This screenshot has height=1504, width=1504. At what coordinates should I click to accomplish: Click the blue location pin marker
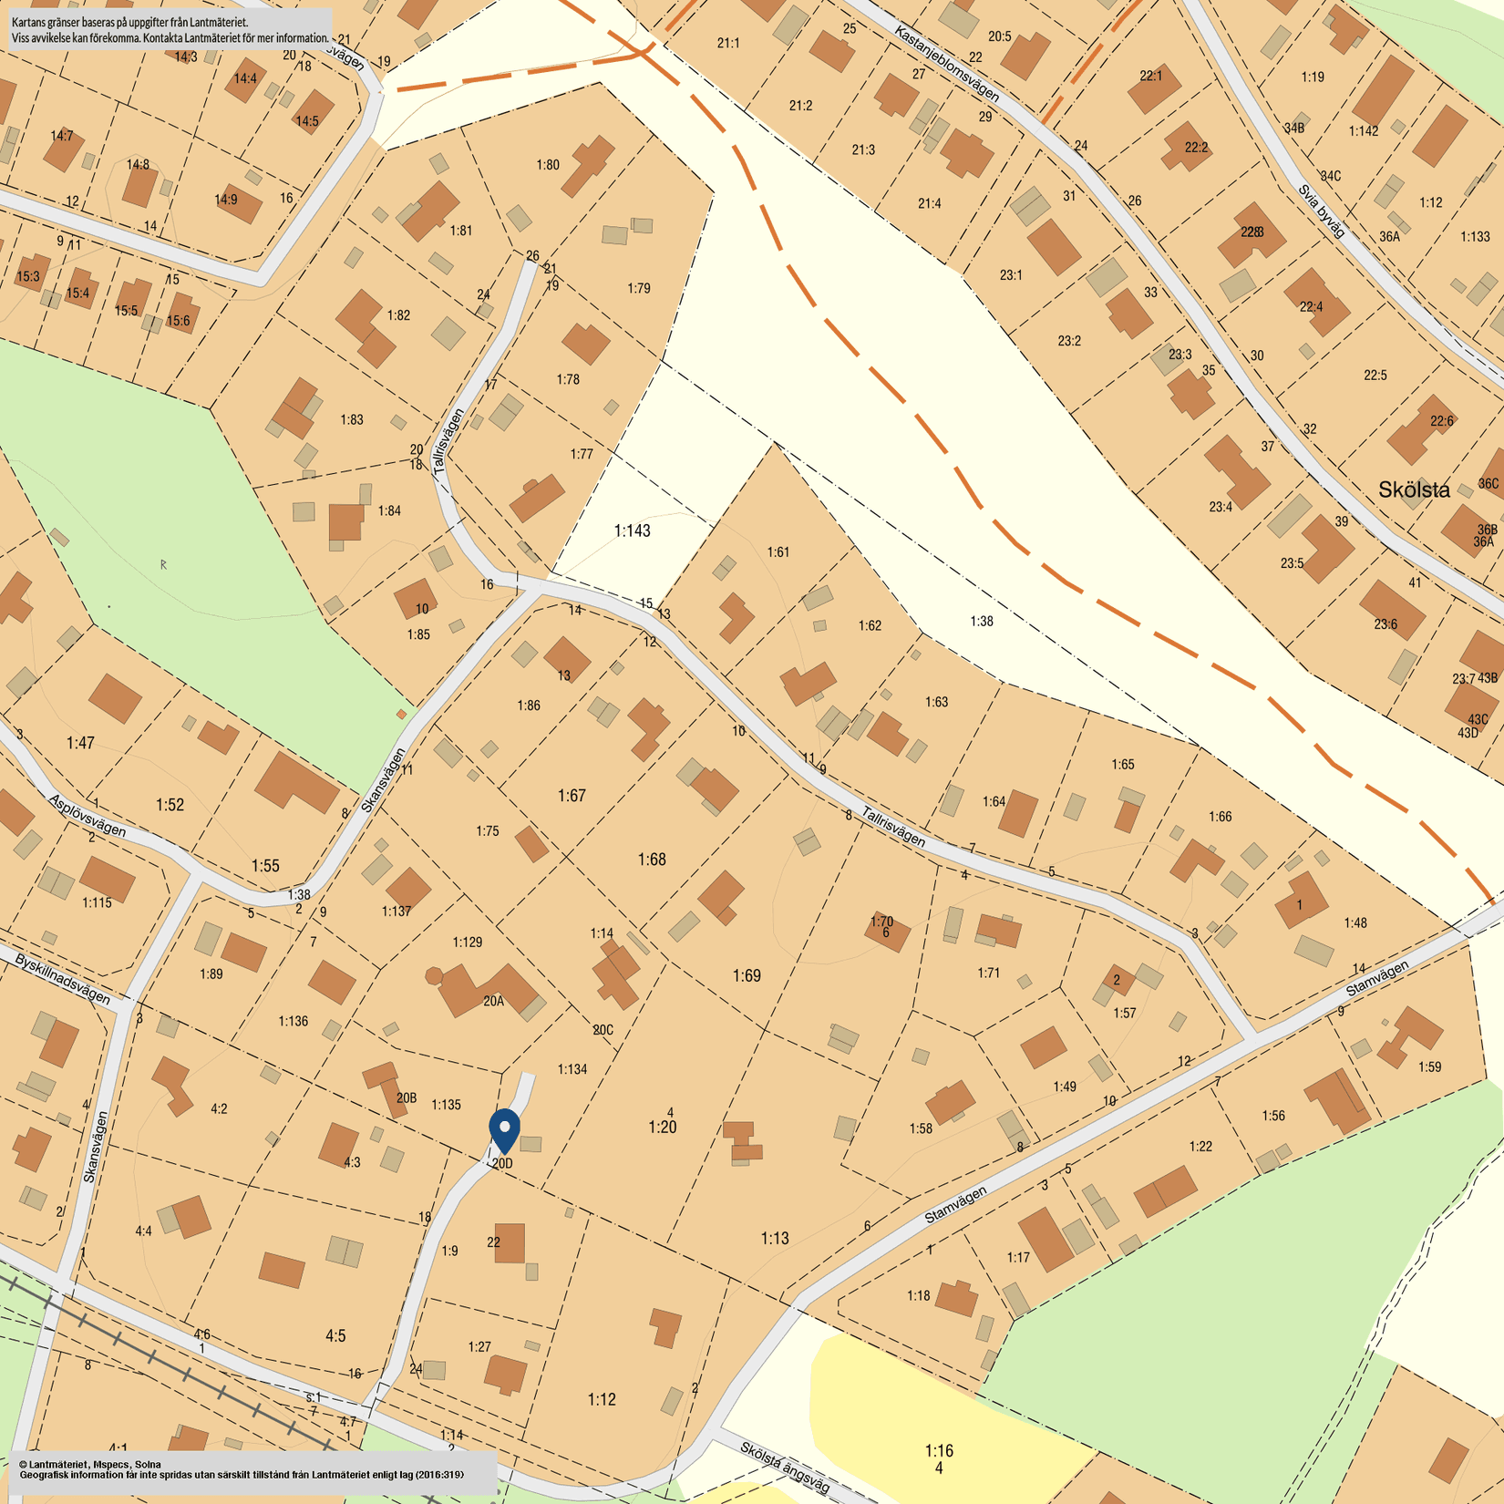point(504,1129)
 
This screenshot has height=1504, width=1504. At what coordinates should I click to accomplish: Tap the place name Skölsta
point(1414,489)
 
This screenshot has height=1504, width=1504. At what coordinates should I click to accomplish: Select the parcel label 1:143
point(632,531)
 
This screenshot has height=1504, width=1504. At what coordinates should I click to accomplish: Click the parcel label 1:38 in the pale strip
point(981,621)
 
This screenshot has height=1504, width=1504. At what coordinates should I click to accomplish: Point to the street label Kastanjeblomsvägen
point(946,64)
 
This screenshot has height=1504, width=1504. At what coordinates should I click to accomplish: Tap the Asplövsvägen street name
point(88,816)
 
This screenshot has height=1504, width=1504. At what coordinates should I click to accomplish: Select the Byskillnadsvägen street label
point(62,979)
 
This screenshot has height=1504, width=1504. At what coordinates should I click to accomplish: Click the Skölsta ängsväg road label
point(785,1467)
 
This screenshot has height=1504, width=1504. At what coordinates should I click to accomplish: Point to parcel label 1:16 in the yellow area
point(939,1450)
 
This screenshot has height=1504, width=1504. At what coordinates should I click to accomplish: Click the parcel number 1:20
point(663,1128)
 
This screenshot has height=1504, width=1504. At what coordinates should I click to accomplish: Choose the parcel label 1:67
point(572,796)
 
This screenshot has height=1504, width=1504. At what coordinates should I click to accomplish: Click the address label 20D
point(502,1164)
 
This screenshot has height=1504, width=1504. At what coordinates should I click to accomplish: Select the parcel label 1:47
point(80,743)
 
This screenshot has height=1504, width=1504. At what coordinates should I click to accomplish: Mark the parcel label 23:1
point(1011,274)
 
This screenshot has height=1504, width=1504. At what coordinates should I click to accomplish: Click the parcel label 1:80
point(548,165)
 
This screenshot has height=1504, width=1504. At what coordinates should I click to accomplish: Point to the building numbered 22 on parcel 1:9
point(510,1242)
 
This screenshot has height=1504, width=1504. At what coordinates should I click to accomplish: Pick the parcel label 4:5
point(335,1335)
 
